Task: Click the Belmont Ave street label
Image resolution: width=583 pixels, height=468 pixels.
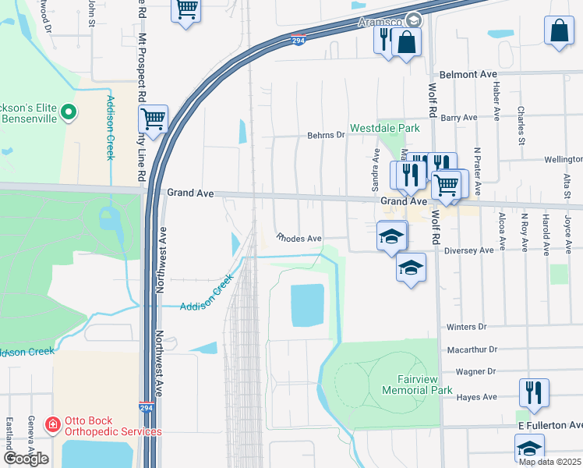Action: [x=468, y=74]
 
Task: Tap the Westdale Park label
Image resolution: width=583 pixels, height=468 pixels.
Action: [x=384, y=128]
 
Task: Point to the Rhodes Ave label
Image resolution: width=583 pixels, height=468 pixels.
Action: [x=299, y=238]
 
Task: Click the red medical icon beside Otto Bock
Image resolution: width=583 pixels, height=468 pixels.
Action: [x=52, y=425]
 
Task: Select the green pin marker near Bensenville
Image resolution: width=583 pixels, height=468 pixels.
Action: [x=69, y=113]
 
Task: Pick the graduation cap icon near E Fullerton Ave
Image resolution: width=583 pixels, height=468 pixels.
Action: [x=529, y=448]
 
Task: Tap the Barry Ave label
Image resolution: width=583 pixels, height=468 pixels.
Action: [x=458, y=118]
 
